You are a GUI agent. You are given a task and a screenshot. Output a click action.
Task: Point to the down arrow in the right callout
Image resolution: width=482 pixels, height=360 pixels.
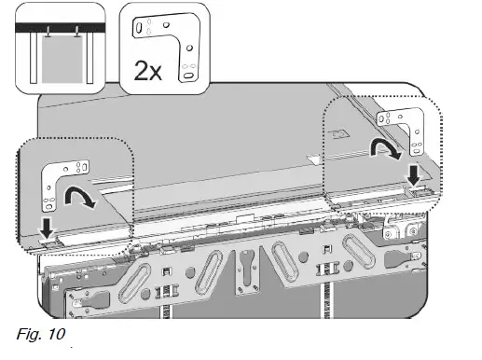(412, 173)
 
